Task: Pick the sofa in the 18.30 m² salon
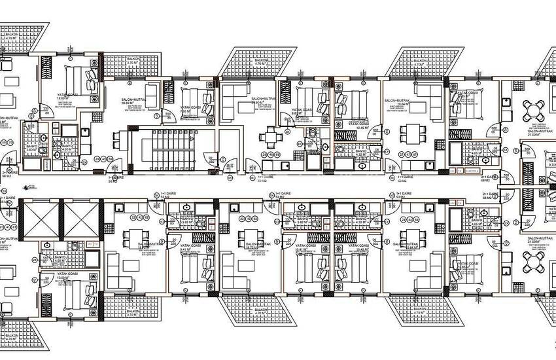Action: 151,96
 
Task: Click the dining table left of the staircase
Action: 118,139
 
